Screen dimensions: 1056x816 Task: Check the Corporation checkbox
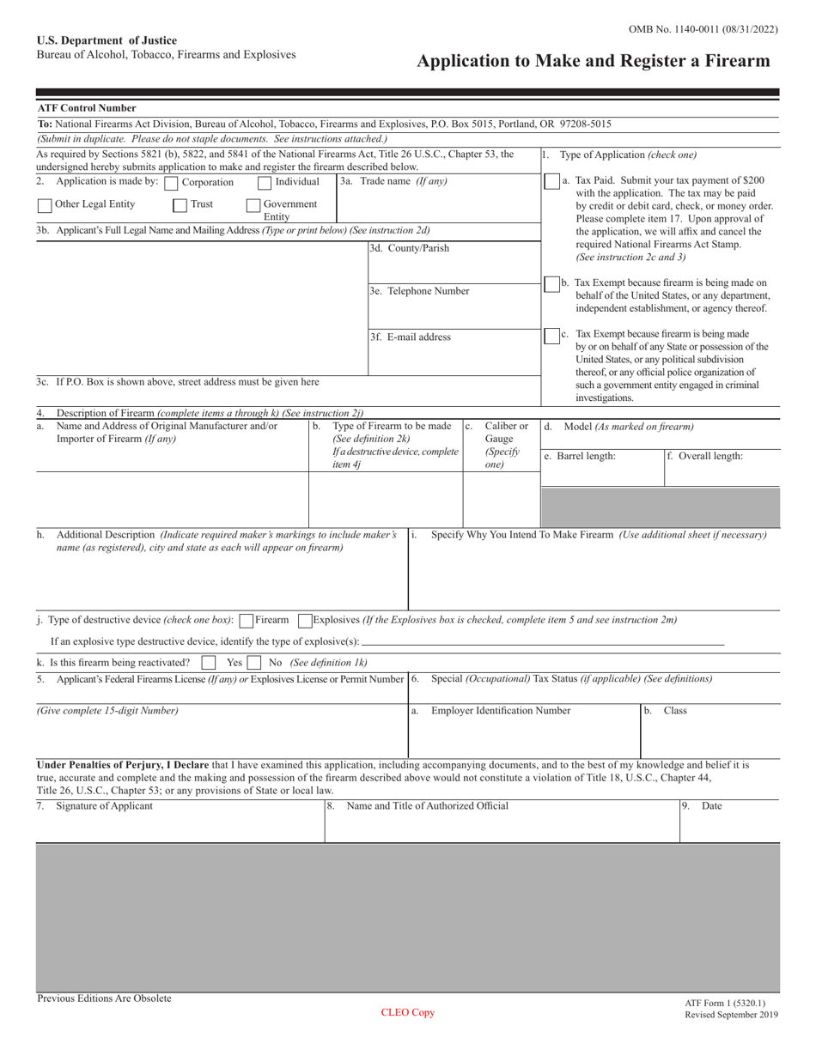click(x=171, y=183)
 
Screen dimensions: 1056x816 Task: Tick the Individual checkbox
click(x=265, y=182)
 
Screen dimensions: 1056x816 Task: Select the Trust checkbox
click(x=180, y=205)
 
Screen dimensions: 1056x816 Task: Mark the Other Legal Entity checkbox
click(x=45, y=205)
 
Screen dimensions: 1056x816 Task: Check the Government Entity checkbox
click(x=254, y=205)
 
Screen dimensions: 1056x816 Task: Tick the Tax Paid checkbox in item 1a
click(x=551, y=182)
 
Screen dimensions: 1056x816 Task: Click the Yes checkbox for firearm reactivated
click(x=208, y=663)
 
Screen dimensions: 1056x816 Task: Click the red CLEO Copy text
click(x=408, y=1013)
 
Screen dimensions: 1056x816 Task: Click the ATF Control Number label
click(x=87, y=109)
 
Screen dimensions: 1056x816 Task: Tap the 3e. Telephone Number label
click(x=419, y=291)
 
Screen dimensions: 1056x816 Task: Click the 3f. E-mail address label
click(x=410, y=337)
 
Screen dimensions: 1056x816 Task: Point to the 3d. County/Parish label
click(x=409, y=249)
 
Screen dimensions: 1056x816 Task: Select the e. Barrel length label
click(x=580, y=457)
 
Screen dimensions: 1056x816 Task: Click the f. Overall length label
click(x=705, y=457)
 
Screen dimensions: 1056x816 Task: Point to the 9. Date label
click(x=702, y=806)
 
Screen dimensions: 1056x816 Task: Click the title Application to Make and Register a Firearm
click(x=593, y=61)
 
